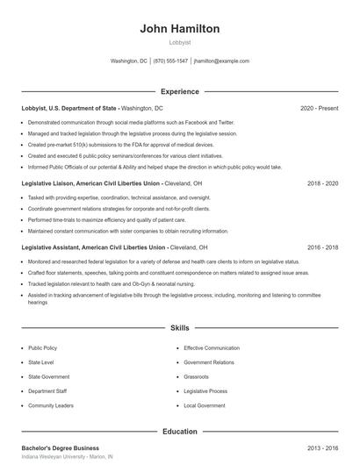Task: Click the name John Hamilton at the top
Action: pyautogui.click(x=179, y=29)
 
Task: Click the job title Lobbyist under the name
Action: pyautogui.click(x=179, y=42)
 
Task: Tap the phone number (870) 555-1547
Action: pyautogui.click(x=170, y=61)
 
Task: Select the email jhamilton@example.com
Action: pyautogui.click(x=221, y=61)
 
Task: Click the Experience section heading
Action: pyautogui.click(x=179, y=91)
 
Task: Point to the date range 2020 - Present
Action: pyautogui.click(x=319, y=108)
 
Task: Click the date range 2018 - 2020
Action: pyautogui.click(x=322, y=184)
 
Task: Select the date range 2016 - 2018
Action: pyautogui.click(x=322, y=248)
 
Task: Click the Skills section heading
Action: pyautogui.click(x=179, y=328)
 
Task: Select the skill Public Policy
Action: pyautogui.click(x=42, y=348)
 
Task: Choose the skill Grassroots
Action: pyautogui.click(x=196, y=377)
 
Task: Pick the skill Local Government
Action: pyautogui.click(x=204, y=406)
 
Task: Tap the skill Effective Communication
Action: pyautogui.click(x=211, y=348)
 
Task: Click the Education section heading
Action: pyautogui.click(x=179, y=432)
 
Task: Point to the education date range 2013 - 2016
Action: pyautogui.click(x=322, y=448)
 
